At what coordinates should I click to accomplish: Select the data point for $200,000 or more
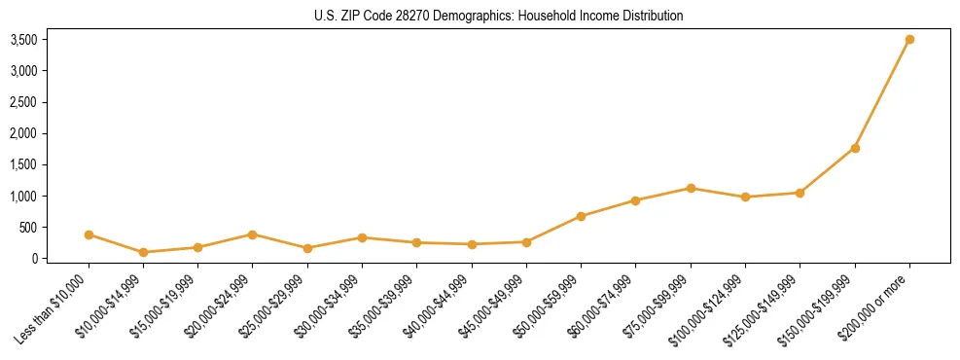click(909, 39)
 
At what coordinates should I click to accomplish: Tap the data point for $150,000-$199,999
click(855, 148)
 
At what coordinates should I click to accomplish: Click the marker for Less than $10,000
click(89, 234)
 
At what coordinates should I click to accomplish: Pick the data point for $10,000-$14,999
click(143, 252)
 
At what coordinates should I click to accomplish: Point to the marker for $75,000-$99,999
click(691, 188)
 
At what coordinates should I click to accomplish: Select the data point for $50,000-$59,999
click(581, 216)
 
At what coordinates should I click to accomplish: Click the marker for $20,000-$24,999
click(252, 234)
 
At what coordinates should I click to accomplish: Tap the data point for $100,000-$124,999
click(745, 197)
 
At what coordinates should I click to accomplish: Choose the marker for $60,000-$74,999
click(635, 200)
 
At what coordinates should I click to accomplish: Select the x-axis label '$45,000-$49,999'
click(492, 306)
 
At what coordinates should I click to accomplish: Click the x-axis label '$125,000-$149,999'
click(764, 307)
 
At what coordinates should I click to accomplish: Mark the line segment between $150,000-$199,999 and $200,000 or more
click(882, 93)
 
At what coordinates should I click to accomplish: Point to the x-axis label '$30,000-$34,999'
click(328, 306)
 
